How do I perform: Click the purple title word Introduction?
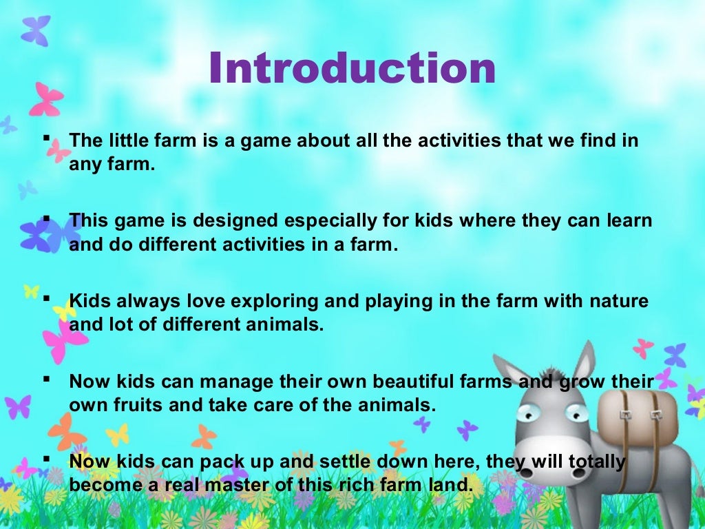352,69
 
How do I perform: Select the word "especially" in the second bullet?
312,222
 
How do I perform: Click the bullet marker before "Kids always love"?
47,298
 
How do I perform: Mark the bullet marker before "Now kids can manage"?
47,377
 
